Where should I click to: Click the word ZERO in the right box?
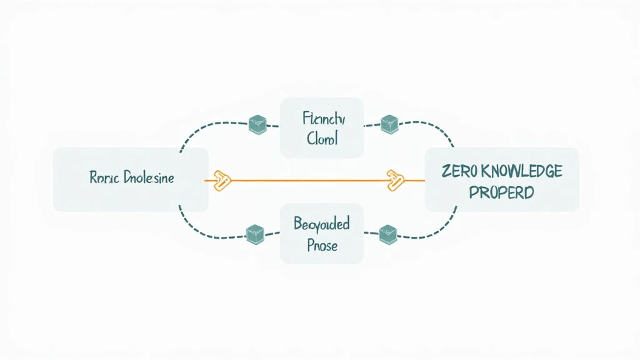[x=461, y=171]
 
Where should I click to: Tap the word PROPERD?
[x=501, y=192]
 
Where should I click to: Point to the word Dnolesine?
[x=148, y=178]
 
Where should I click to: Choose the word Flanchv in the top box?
[x=322, y=118]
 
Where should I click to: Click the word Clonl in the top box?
[x=322, y=138]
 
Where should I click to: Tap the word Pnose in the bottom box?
[x=322, y=245]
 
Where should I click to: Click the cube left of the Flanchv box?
[x=257, y=124]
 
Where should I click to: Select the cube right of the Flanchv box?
[x=389, y=124]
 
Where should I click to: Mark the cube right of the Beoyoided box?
[x=388, y=234]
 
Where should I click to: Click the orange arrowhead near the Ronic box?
[x=222, y=180]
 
